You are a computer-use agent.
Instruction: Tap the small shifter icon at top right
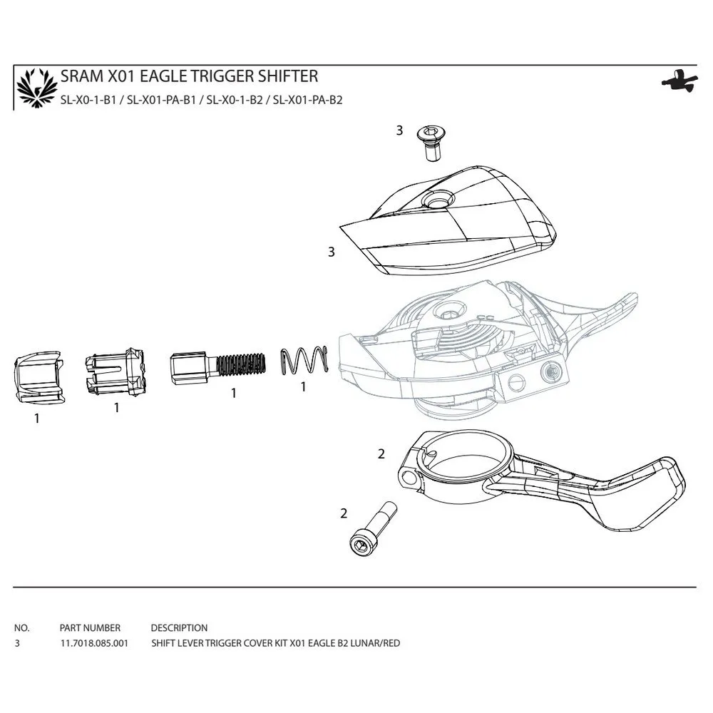pyautogui.click(x=677, y=81)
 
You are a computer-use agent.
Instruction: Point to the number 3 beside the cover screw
pyautogui.click(x=399, y=130)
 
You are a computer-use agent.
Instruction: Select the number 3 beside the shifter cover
pyautogui.click(x=331, y=252)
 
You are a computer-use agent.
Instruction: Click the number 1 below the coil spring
pyautogui.click(x=303, y=387)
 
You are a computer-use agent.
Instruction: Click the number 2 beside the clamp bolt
pyautogui.click(x=344, y=513)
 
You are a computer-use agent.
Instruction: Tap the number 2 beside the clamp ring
pyautogui.click(x=381, y=453)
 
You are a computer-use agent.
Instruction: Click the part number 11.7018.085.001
pyautogui.click(x=94, y=643)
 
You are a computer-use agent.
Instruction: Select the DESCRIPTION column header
pyautogui.click(x=179, y=628)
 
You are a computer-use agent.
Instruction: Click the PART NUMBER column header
pyautogui.click(x=90, y=628)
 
